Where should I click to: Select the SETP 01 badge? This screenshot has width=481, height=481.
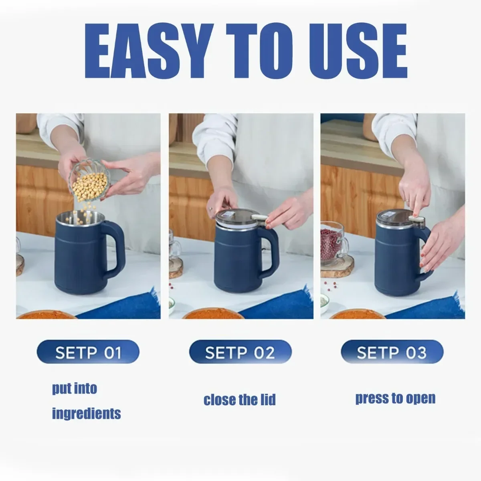tap(88, 353)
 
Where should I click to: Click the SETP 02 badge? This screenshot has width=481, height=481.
tap(240, 353)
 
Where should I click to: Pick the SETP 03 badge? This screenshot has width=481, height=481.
tap(392, 353)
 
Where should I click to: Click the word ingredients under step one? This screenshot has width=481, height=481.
tap(86, 413)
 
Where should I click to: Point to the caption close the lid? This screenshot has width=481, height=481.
tap(240, 400)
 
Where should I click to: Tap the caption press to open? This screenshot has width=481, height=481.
tap(395, 398)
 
